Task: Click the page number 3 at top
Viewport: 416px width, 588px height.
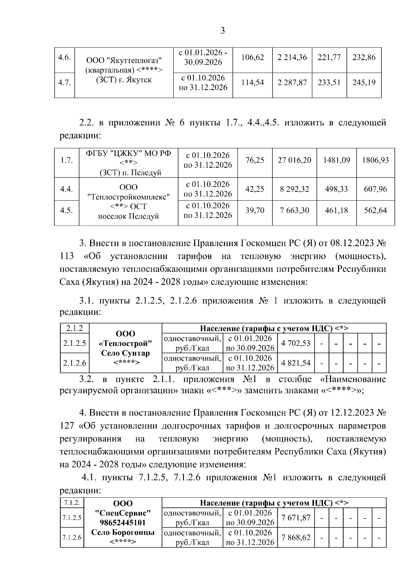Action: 223,31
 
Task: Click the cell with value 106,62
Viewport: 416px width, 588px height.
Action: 252,58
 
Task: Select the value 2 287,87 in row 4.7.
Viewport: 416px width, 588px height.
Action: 292,83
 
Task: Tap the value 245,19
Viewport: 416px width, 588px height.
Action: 364,83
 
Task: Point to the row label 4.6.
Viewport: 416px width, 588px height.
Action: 64,58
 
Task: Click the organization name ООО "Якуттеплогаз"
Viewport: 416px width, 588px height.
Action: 124,61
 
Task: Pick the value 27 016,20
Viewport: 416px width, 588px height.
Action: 294,160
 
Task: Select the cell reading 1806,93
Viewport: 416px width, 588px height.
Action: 375,160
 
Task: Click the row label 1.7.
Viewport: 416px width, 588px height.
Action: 66,160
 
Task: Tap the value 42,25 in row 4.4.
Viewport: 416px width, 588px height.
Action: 254,189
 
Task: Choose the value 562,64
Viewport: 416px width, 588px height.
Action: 375,210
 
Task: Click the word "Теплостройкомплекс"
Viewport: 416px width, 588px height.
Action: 128,197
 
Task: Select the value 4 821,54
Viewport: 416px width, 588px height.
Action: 296,363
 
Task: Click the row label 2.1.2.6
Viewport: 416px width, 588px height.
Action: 75,363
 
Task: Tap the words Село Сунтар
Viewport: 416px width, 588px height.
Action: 125,353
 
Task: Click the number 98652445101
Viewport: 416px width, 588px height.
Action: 123,523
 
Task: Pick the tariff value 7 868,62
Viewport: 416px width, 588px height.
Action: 296,537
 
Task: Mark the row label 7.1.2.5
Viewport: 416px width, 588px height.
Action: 72,518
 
